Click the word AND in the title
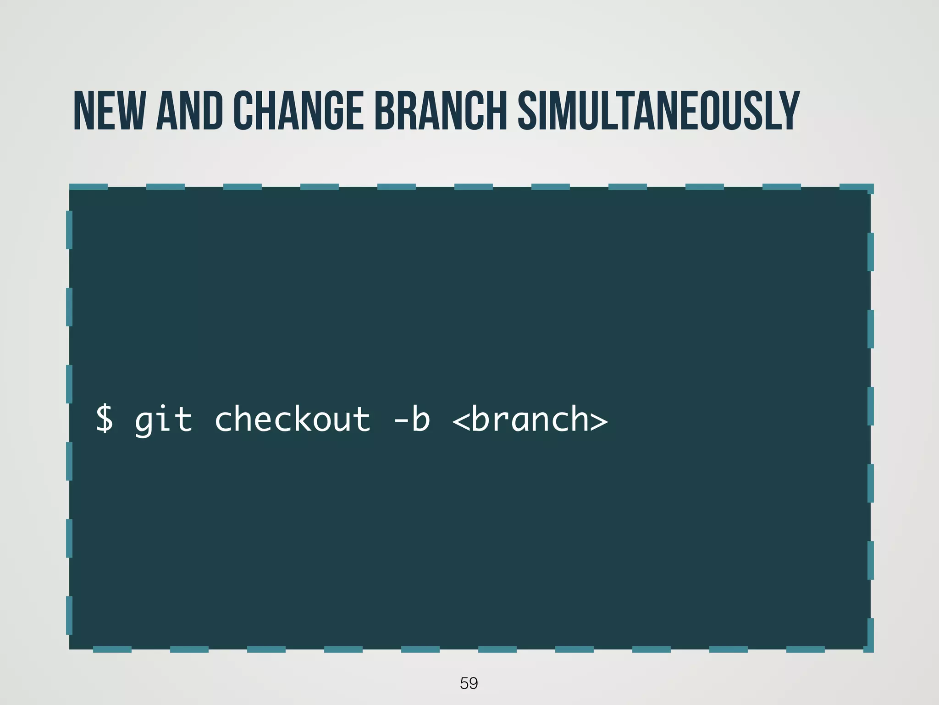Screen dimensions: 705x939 (x=189, y=111)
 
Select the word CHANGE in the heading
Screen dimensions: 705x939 (x=298, y=111)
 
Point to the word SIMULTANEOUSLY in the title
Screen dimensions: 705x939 (x=658, y=111)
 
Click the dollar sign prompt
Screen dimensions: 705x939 (x=105, y=419)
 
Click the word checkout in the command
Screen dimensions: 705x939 (x=292, y=419)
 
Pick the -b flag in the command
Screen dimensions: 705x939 (x=412, y=419)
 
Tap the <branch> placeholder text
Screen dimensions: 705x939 (x=530, y=419)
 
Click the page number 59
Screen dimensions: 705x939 (x=469, y=683)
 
